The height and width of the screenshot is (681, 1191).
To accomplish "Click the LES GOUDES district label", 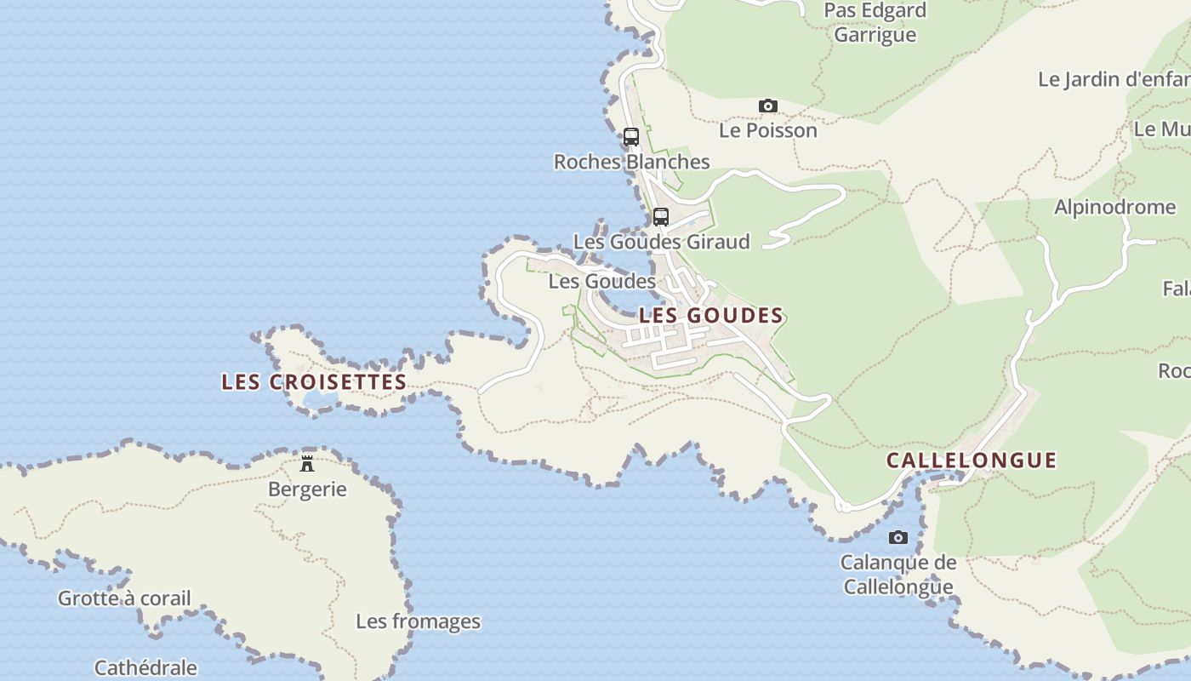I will [x=710, y=316].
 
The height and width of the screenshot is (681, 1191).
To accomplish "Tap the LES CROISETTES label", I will [x=314, y=382].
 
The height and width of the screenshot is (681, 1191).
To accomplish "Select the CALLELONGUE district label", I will [x=972, y=461].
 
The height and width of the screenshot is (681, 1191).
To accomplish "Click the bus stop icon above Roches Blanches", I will [x=631, y=137].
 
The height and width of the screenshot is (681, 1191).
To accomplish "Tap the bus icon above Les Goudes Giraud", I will [x=661, y=217].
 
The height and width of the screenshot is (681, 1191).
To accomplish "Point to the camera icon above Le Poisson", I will [x=768, y=106].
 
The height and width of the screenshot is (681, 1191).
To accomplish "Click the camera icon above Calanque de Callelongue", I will [x=898, y=538].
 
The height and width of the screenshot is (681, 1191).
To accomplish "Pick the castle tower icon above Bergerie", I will [x=307, y=464].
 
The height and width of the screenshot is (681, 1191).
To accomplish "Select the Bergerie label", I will [x=307, y=489].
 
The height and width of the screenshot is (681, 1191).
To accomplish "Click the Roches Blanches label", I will [x=631, y=162].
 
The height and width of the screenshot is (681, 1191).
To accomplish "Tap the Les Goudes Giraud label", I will [x=661, y=242].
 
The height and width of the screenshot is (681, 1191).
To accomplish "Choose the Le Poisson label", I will [x=768, y=131].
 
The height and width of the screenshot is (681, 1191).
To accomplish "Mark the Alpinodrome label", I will [x=1114, y=208].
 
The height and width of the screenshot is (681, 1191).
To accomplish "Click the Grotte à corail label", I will [x=124, y=598].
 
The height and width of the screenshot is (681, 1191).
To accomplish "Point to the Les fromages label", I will [x=418, y=621].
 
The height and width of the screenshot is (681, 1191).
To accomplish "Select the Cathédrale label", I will [x=145, y=668].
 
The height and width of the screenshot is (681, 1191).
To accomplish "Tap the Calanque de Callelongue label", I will [x=898, y=575].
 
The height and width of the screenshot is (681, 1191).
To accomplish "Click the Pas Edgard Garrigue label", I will [x=875, y=23].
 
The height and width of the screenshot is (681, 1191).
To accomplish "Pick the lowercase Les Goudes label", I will [x=601, y=281].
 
